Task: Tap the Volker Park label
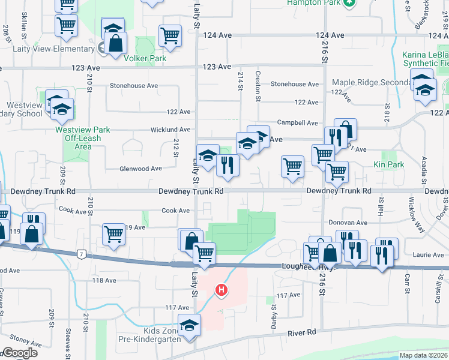pyautogui.click(x=144, y=59)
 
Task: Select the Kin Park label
pyautogui.click(x=388, y=164)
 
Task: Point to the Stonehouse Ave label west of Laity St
pyautogui.click(x=133, y=86)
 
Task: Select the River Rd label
pyautogui.click(x=302, y=332)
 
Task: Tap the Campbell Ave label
pyautogui.click(x=298, y=123)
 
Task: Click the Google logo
pyautogui.click(x=20, y=353)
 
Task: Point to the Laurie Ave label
pyautogui.click(x=429, y=255)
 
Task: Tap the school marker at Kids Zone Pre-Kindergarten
pyautogui.click(x=189, y=324)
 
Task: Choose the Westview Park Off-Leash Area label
pyautogui.click(x=82, y=138)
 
